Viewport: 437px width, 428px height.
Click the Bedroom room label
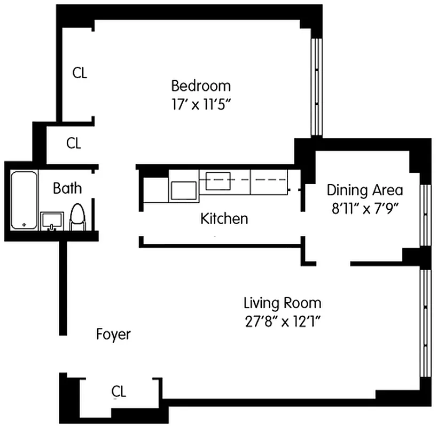click(201, 86)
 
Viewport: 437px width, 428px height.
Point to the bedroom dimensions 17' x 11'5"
click(201, 103)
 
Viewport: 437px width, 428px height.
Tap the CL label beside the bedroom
click(80, 73)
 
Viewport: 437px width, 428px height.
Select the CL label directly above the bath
click(73, 143)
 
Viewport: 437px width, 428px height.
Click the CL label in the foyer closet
click(119, 392)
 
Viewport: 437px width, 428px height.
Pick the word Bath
click(67, 188)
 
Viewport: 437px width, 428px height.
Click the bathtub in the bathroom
click(24, 200)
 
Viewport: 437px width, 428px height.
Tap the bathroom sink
click(52, 221)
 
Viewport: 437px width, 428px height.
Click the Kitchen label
click(224, 218)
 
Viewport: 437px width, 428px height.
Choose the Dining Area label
click(365, 190)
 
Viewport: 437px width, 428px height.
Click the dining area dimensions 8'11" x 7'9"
click(365, 208)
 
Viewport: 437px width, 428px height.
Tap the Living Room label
click(282, 303)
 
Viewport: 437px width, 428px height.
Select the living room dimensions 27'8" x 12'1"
click(282, 322)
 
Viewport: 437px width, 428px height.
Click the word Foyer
click(113, 334)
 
